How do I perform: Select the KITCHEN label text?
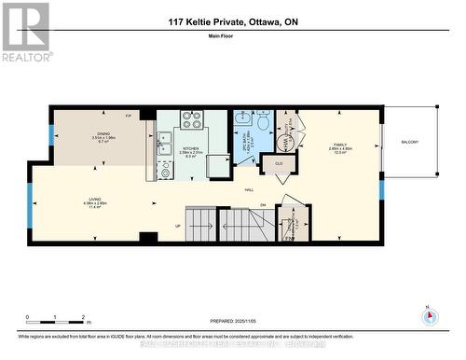pyautogui.click(x=192, y=148)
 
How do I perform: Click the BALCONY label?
pyautogui.click(x=409, y=142)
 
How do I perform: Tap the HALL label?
pyautogui.click(x=250, y=190)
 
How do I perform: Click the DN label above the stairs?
pyautogui.click(x=262, y=205)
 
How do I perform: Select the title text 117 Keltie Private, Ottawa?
pyautogui.click(x=232, y=22)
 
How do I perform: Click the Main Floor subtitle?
pyautogui.click(x=232, y=37)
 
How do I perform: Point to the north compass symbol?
pyautogui.click(x=430, y=315)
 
